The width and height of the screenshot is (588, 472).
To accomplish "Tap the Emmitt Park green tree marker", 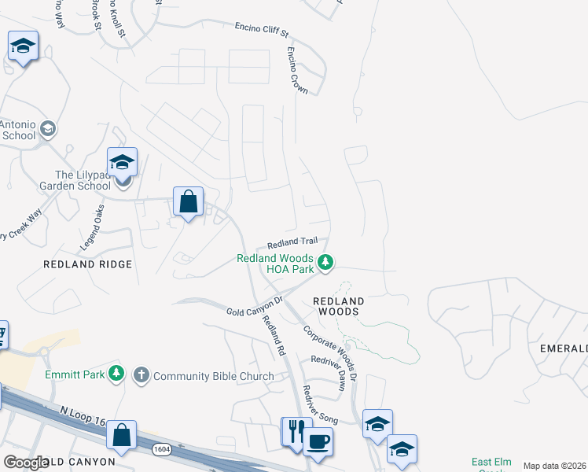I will [116, 374].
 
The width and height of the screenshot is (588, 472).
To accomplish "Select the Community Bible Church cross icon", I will [141, 374].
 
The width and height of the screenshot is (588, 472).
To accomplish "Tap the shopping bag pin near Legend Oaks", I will [189, 201].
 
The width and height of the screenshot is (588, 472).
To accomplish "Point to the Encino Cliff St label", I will [263, 30].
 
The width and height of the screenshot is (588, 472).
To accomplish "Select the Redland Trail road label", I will [292, 244].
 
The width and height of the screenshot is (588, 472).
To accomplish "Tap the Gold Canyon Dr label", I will [255, 308].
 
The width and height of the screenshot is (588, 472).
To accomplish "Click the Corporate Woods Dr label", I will [330, 354].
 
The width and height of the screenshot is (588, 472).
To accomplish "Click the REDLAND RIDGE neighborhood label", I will [87, 264].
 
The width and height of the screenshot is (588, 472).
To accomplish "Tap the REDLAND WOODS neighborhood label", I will [339, 306].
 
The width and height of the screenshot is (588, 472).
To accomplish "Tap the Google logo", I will [26, 463].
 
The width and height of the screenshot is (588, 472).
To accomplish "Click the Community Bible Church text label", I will [214, 376].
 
